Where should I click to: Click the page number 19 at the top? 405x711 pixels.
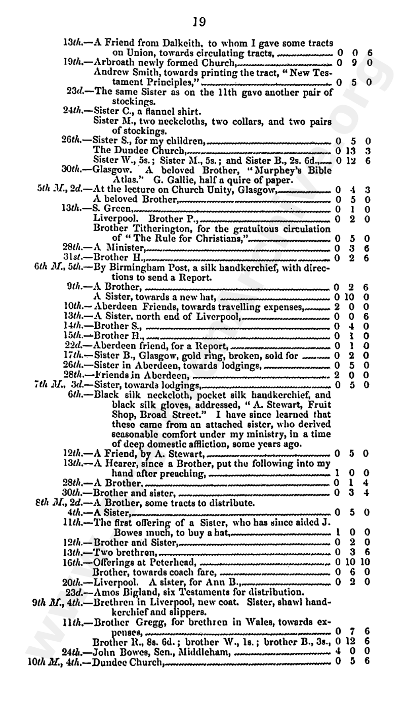pyautogui.click(x=199, y=20)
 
